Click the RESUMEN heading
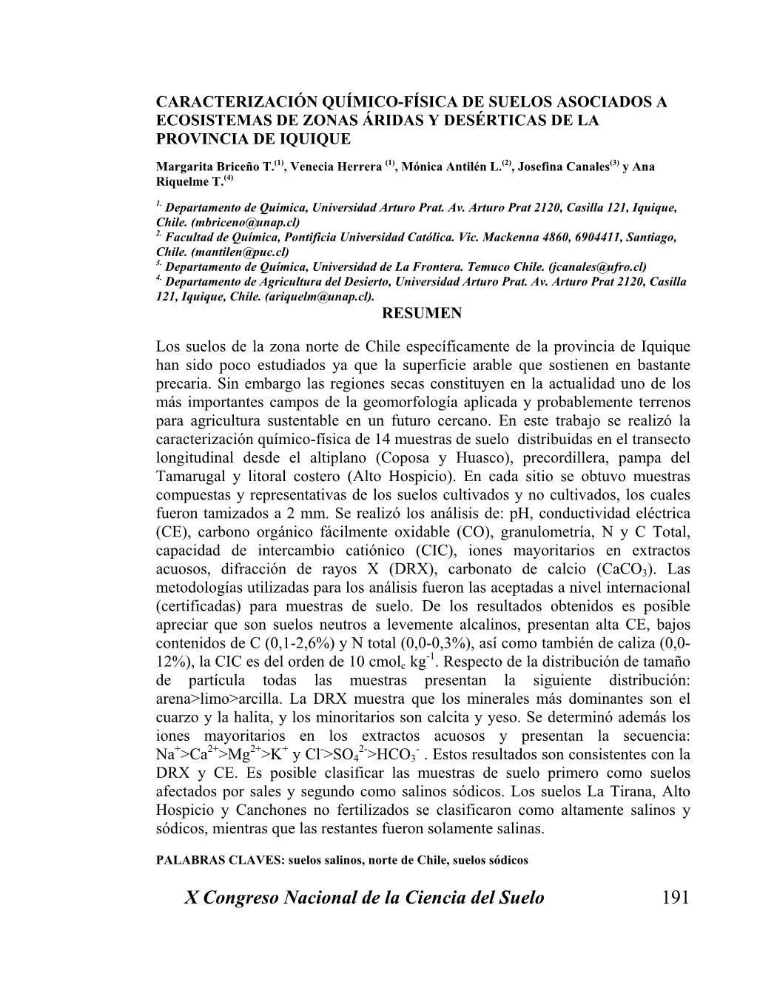pyautogui.click(x=421, y=313)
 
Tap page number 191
pyautogui.click(x=675, y=898)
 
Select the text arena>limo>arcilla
pyautogui.click(x=219, y=699)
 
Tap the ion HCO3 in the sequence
pyautogui.click(x=398, y=755)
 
